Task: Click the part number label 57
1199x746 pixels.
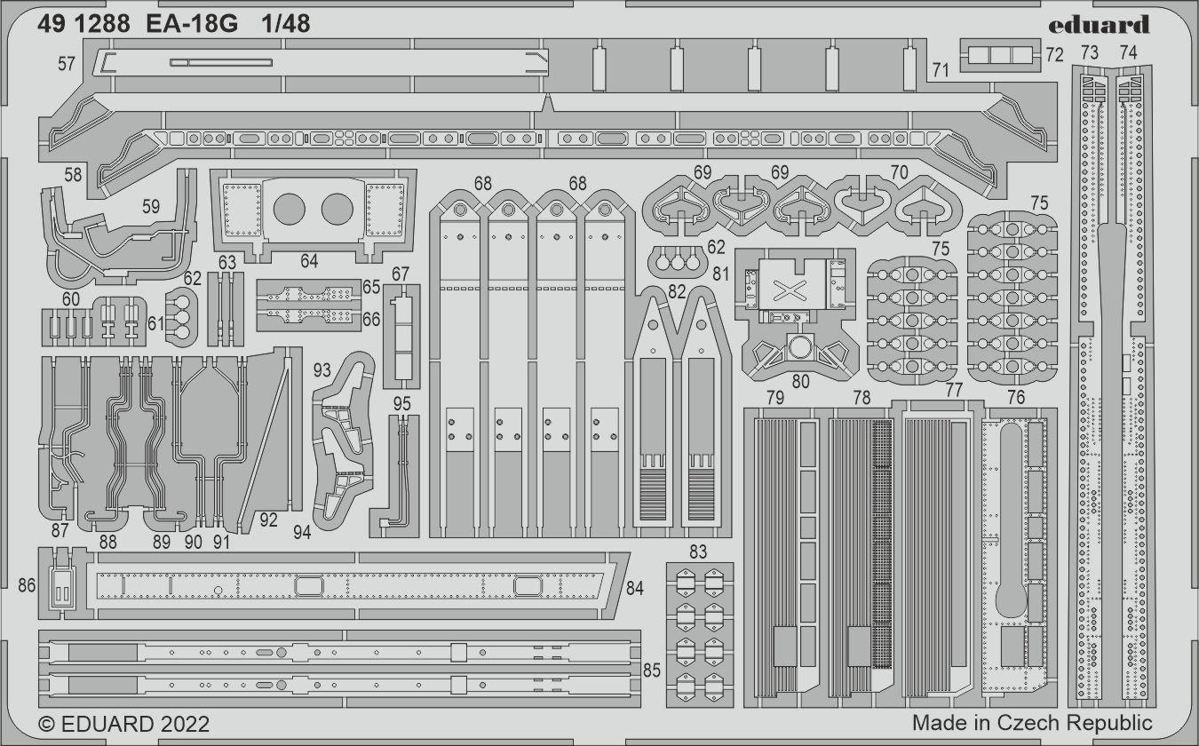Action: pyautogui.click(x=66, y=63)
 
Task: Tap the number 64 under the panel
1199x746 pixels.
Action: pyautogui.click(x=308, y=261)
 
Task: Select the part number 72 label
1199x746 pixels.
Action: pyautogui.click(x=1053, y=55)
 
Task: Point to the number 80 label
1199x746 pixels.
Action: pyautogui.click(x=800, y=382)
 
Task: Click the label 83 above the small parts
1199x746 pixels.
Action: pyautogui.click(x=697, y=552)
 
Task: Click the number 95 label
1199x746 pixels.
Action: pyautogui.click(x=402, y=404)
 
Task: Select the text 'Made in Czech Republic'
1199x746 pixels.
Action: pyautogui.click(x=1032, y=722)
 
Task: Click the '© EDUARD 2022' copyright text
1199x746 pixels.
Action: pyautogui.click(x=124, y=724)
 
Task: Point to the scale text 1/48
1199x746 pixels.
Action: pyautogui.click(x=286, y=25)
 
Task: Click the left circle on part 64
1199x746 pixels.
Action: pyautogui.click(x=289, y=210)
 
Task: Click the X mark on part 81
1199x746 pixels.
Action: pyautogui.click(x=786, y=289)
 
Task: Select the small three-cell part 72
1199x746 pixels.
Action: pyautogui.click(x=1000, y=55)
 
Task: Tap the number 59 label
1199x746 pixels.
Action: pyautogui.click(x=151, y=206)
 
